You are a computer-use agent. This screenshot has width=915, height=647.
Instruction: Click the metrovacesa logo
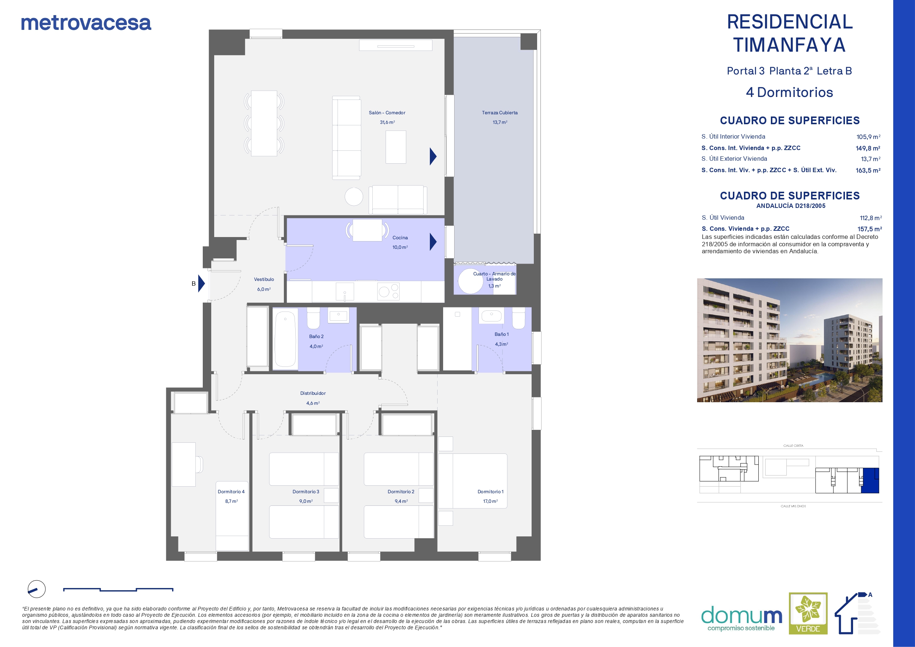[86, 23]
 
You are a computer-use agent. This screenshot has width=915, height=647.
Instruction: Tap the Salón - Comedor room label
[387, 113]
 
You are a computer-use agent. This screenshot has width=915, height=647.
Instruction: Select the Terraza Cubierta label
[500, 113]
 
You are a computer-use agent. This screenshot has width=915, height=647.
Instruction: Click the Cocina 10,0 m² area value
[400, 247]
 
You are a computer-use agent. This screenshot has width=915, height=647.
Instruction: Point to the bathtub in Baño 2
[285, 339]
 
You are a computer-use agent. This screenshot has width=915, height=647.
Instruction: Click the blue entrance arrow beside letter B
[201, 284]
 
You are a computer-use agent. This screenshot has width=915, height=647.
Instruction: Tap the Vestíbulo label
[264, 279]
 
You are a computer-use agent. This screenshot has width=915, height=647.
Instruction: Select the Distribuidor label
[313, 393]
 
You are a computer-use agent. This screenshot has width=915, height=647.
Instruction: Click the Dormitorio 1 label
[491, 491]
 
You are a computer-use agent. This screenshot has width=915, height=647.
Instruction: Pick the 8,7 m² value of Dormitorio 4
[232, 501]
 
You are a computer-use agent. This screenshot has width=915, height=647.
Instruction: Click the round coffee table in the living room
[354, 196]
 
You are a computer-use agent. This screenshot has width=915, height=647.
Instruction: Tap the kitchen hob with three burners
[389, 291]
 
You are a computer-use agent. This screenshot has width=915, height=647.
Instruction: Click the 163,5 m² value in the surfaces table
[868, 170]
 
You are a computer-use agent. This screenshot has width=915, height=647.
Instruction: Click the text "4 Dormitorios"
[789, 93]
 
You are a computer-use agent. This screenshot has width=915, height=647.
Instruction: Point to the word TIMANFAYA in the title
[789, 45]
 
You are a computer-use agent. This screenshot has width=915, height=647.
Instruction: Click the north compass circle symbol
[36, 589]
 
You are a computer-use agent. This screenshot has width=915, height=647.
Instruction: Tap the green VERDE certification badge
[808, 613]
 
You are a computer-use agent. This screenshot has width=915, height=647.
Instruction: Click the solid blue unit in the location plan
[870, 480]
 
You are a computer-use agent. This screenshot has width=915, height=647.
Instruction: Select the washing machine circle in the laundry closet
[471, 281]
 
